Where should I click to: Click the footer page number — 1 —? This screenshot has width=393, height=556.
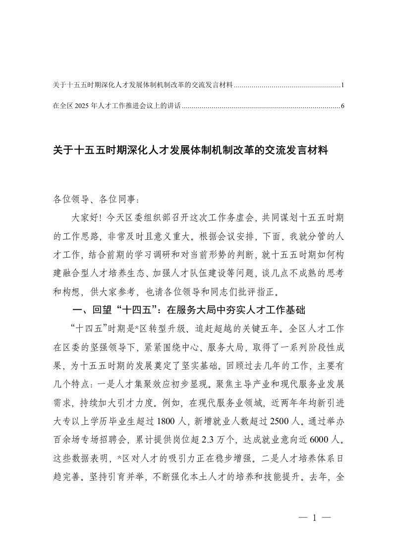coord(315,518)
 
